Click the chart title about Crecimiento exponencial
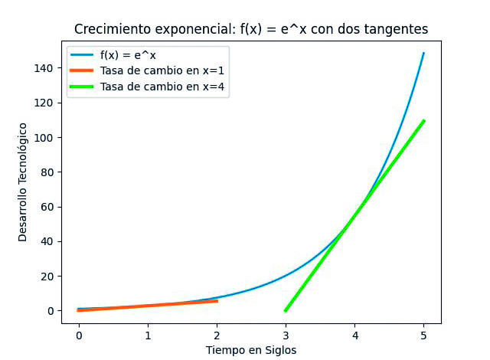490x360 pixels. pyautogui.click(x=250, y=29)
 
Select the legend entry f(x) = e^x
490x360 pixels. pyautogui.click(x=128, y=55)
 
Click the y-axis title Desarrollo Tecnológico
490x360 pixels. pyautogui.click(x=23, y=182)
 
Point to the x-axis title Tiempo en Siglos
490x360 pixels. pyautogui.click(x=250, y=350)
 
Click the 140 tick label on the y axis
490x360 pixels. pyautogui.click(x=43, y=68)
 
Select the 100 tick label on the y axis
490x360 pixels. pyautogui.click(x=43, y=138)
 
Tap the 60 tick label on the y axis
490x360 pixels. pyautogui.click(x=46, y=207)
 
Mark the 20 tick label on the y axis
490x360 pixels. pyautogui.click(x=46, y=277)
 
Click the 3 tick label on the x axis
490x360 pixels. pyautogui.click(x=286, y=335)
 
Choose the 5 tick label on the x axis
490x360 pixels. pyautogui.click(x=423, y=335)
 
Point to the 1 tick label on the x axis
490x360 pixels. pyautogui.click(x=148, y=335)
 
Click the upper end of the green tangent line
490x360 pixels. pyautogui.click(x=423, y=120)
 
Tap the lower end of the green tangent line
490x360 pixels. pyautogui.click(x=286, y=310)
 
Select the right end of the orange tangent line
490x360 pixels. pyautogui.click(x=217, y=301)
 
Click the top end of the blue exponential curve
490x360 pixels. pyautogui.click(x=423, y=53)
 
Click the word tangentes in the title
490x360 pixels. pyautogui.click(x=394, y=29)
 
